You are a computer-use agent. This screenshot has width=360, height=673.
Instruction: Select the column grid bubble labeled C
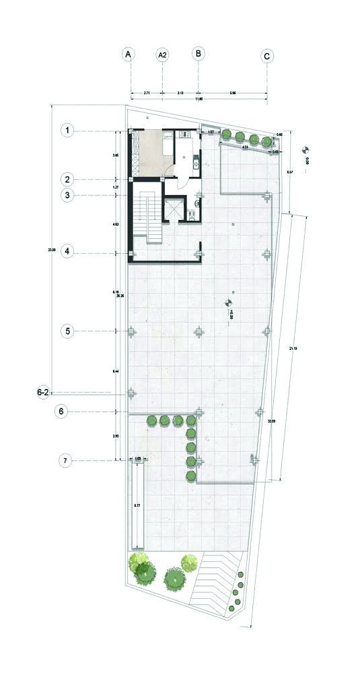pyautogui.click(x=267, y=56)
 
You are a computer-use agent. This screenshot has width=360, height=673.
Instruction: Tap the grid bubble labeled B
pyautogui.click(x=199, y=54)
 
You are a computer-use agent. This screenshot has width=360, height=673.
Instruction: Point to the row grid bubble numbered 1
pyautogui.click(x=67, y=130)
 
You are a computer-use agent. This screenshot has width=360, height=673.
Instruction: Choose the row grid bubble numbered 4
pyautogui.click(x=67, y=252)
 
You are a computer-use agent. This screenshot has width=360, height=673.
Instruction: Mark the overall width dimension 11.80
pyautogui.click(x=199, y=99)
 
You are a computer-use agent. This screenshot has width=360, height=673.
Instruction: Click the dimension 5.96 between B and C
pyautogui.click(x=232, y=92)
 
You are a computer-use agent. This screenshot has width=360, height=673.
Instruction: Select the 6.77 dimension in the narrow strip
pyautogui.click(x=137, y=505)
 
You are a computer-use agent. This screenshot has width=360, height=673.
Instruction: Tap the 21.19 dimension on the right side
pyautogui.click(x=291, y=349)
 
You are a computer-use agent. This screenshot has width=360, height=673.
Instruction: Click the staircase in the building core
pyautogui.click(x=153, y=219)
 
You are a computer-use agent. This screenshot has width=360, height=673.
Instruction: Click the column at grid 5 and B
pyautogui.click(x=199, y=331)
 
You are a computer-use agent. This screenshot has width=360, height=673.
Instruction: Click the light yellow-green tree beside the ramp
pyautogui.click(x=190, y=561)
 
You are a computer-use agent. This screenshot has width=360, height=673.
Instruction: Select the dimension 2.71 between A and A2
pyautogui.click(x=146, y=92)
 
